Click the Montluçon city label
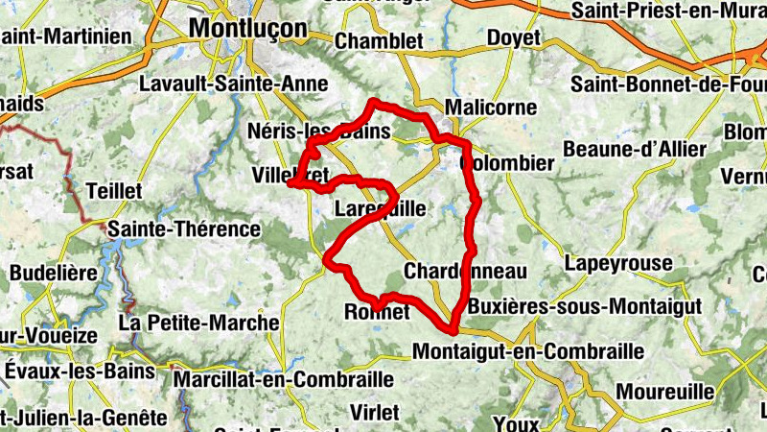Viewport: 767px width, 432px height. tap(247, 29)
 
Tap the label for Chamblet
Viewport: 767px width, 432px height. tap(379, 40)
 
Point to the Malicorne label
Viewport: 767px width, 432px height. tap(491, 108)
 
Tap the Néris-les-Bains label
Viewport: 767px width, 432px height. tap(318, 131)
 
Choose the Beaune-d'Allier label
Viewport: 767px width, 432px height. tap(635, 149)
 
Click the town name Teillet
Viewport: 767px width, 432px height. tap(114, 191)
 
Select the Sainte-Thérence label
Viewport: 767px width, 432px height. tap(184, 228)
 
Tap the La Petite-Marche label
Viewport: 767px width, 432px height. tap(198, 323)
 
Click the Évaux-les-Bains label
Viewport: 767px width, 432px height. tap(80, 371)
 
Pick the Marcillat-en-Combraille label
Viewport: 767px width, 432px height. tap(284, 379)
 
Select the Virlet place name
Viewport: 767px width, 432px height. tap(375, 412)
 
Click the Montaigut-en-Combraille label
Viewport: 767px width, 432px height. tap(528, 351)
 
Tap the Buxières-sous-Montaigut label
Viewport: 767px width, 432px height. tap(584, 306)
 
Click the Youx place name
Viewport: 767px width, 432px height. tap(517, 422)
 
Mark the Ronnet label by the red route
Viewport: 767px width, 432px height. tap(377, 312)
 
